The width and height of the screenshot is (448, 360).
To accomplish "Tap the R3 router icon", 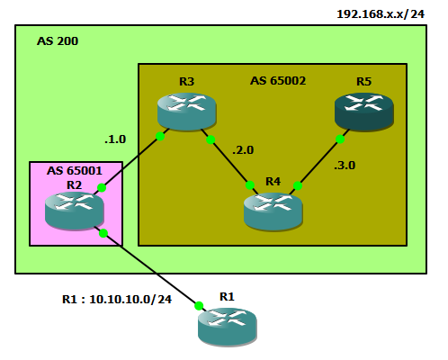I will (186, 110).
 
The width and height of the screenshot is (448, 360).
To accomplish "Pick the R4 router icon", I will (273, 210).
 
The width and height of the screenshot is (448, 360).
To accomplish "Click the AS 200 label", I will (58, 41).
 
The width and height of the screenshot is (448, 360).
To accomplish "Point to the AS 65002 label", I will (277, 81).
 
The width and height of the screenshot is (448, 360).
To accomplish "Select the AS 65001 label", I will (74, 170).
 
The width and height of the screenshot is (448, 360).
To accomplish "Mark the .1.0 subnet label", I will (115, 139).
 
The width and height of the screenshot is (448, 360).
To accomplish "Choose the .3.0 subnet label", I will (345, 166).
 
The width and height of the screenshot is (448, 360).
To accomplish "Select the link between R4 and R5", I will (319, 162).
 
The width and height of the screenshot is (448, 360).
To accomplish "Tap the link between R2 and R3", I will (130, 163).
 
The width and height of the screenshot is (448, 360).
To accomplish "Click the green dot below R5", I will (342, 139).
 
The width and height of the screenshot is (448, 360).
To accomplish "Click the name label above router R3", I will (186, 81).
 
